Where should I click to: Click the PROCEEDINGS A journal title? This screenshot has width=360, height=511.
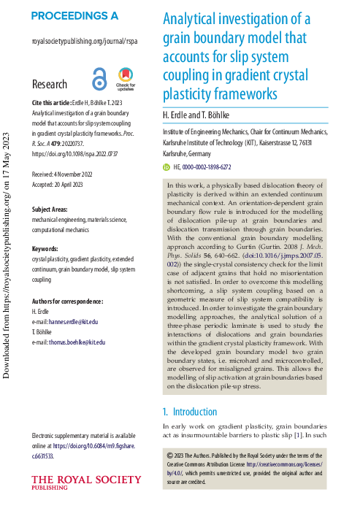(x=74, y=15)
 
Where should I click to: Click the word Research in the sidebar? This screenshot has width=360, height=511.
(x=50, y=85)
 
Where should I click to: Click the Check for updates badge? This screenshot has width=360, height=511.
(x=125, y=78)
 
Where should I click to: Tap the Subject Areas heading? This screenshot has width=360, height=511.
(x=53, y=210)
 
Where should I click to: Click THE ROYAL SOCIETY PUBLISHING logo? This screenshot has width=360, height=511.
(x=86, y=483)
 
